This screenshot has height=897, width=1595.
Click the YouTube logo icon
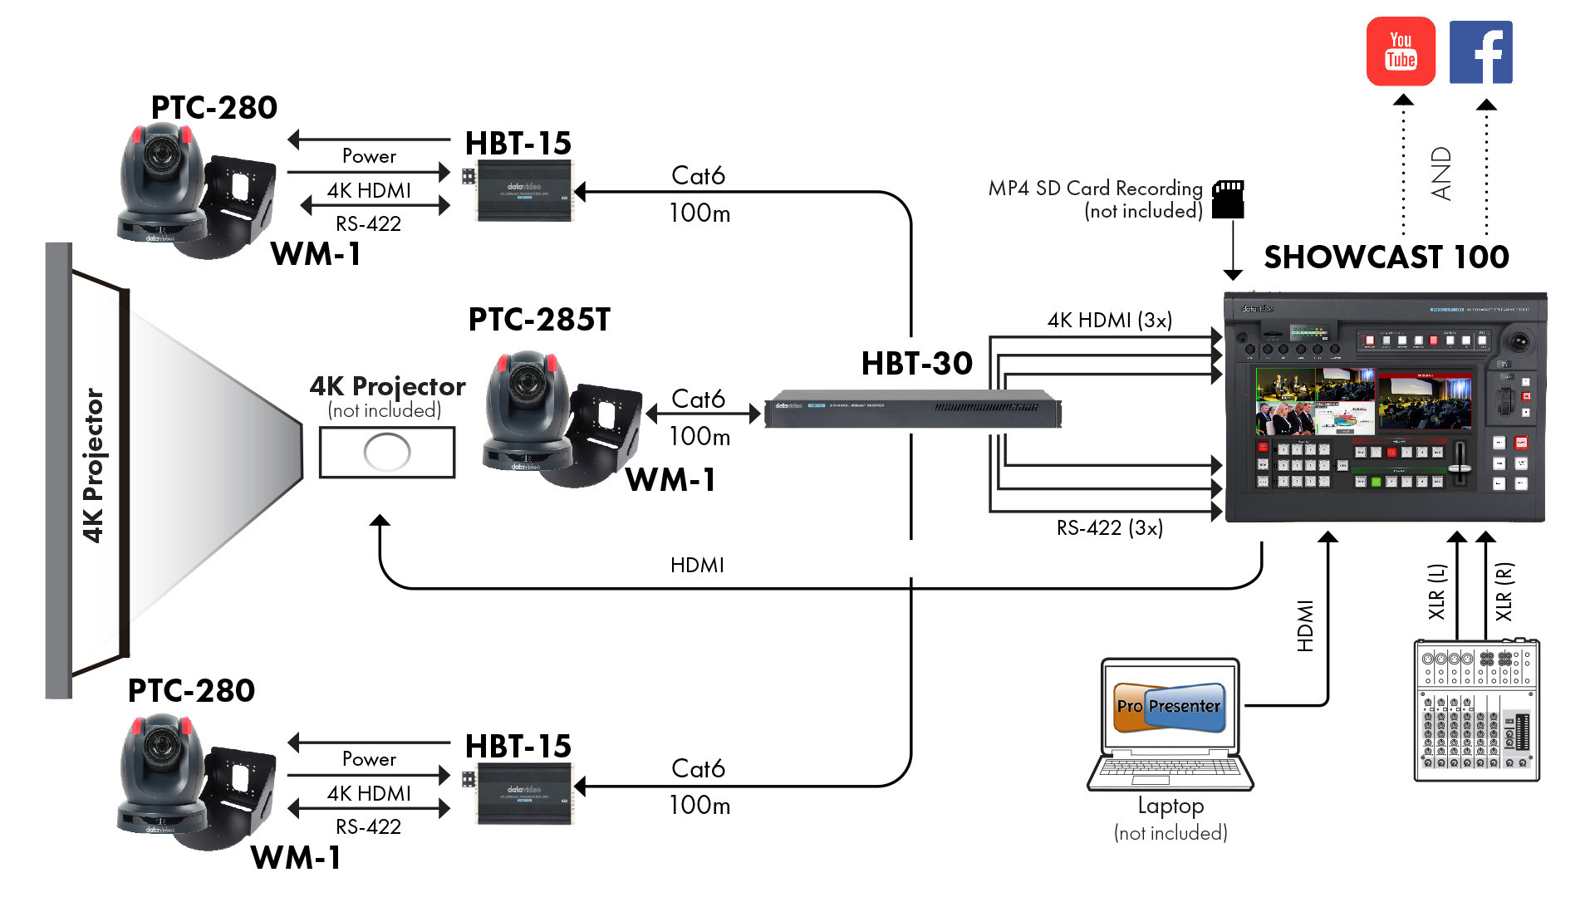(1401, 51)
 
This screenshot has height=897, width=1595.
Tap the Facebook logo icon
(1480, 52)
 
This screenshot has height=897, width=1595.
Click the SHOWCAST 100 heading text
(1386, 257)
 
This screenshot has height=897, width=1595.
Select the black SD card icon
(1228, 200)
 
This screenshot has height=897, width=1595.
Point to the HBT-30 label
(916, 364)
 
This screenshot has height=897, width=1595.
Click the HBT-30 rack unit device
(912, 409)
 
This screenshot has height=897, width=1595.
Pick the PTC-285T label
(539, 320)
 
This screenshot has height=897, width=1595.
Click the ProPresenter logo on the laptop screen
(1169, 707)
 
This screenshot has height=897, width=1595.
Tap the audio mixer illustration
(1476, 710)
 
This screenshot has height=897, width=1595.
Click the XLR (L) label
(1436, 591)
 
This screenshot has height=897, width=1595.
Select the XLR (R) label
(1504, 591)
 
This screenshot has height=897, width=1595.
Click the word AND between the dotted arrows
(1441, 174)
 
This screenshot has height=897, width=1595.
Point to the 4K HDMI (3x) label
(1109, 321)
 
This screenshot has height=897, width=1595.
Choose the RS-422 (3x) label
(1109, 528)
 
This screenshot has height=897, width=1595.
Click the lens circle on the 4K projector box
(387, 452)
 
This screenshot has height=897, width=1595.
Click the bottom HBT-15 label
(518, 747)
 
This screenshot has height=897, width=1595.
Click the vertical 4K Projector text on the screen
(93, 465)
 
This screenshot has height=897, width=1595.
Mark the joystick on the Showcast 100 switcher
(1520, 341)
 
